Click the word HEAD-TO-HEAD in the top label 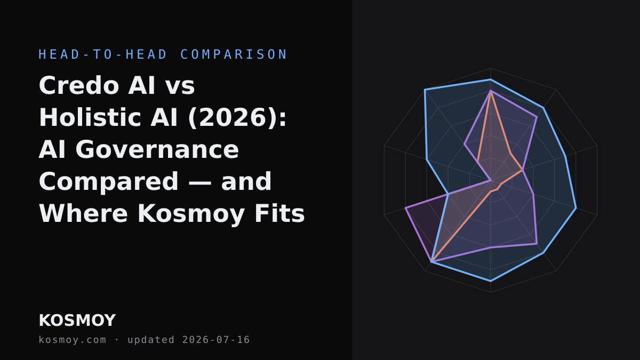(x=103, y=54)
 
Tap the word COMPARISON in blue (x=234, y=54)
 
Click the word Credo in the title (x=79, y=85)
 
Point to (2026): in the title (x=237, y=118)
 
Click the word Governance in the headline (x=157, y=149)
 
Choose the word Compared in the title (x=109, y=182)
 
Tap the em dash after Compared (x=199, y=182)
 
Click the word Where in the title (x=83, y=213)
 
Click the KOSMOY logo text (x=77, y=321)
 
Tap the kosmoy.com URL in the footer (x=73, y=340)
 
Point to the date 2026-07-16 (x=216, y=340)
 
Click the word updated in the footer (x=151, y=340)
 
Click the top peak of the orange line (x=491, y=91)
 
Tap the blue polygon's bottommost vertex (x=491, y=281)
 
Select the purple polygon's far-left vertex (x=405, y=208)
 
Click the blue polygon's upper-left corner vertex (x=425, y=90)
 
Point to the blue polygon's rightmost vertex (x=576, y=208)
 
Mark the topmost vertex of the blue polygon (x=491, y=79)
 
